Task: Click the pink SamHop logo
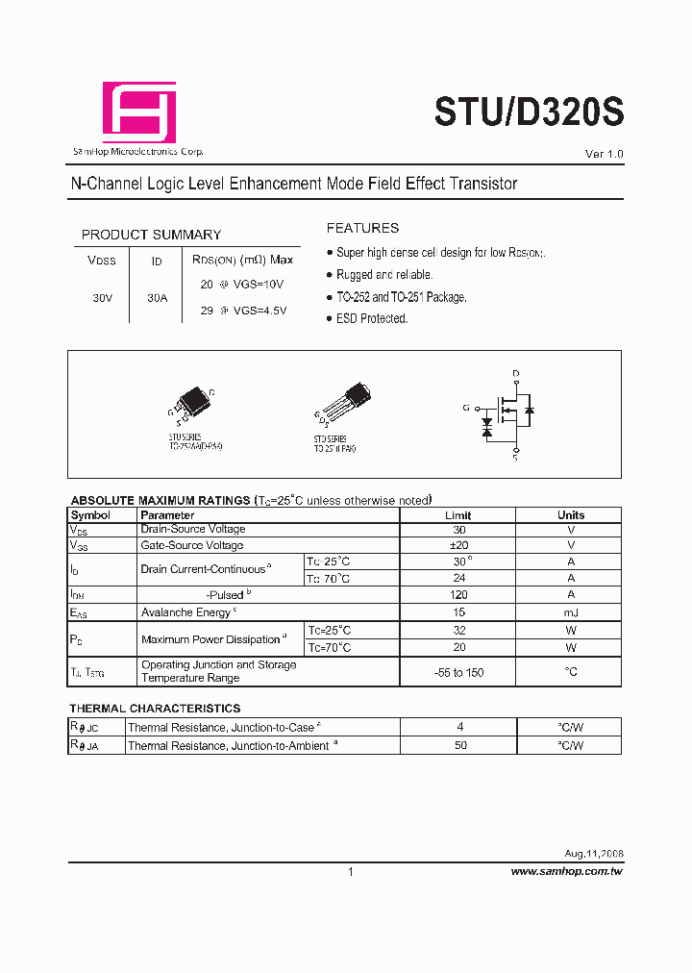click(x=139, y=112)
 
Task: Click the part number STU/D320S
click(x=529, y=112)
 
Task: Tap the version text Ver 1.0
click(x=605, y=154)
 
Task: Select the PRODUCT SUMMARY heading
click(x=151, y=235)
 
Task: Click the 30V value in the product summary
click(x=103, y=298)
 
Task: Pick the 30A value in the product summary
click(x=158, y=298)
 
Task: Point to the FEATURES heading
click(x=362, y=228)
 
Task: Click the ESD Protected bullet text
click(x=372, y=318)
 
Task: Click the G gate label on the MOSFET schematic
click(x=466, y=408)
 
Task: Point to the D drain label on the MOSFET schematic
click(x=516, y=373)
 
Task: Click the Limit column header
click(x=458, y=515)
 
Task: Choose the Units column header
click(x=571, y=515)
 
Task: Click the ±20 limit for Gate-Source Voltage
click(x=458, y=545)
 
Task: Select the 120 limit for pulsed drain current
click(x=458, y=595)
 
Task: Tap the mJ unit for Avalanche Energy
click(x=571, y=612)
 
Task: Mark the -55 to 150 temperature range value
click(x=458, y=672)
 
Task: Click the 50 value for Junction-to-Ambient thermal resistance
click(x=460, y=745)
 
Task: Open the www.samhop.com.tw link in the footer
click(x=566, y=871)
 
